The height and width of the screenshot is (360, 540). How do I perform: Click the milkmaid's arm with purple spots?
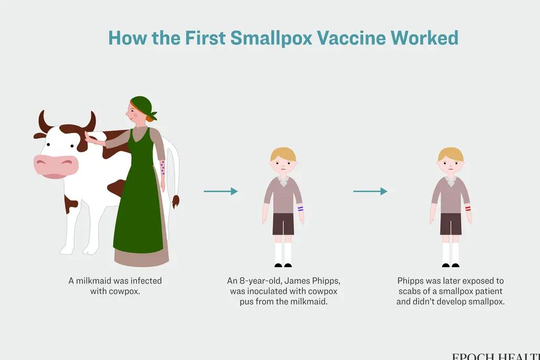[x=163, y=168]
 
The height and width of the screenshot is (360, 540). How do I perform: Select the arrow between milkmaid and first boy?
[x=220, y=191]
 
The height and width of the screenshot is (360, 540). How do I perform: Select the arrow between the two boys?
[x=370, y=191]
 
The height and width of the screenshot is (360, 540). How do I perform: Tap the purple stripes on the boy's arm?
[x=300, y=209]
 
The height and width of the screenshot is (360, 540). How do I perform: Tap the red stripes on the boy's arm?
[x=468, y=209]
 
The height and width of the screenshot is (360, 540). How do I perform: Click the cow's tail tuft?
[x=175, y=201]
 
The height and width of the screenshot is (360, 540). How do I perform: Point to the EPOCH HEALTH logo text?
[x=495, y=356]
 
